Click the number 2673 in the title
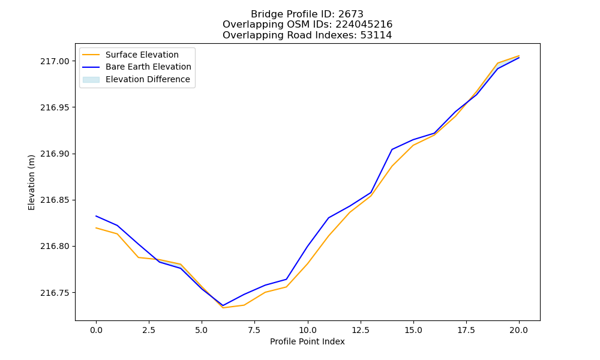pos(350,14)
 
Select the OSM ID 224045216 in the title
pos(364,25)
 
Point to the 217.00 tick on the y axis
pos(55,61)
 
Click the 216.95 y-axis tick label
pos(55,107)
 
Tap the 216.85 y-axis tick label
pos(55,200)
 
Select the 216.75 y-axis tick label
pos(55,293)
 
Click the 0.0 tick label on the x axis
pos(96,330)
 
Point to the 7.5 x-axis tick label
pos(254,330)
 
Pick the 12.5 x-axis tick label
pos(361,330)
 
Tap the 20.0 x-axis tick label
pos(519,330)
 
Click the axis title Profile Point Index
pos(307,341)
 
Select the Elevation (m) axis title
pos(31,182)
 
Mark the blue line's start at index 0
pos(96,216)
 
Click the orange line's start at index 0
pos(96,228)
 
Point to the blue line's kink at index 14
pos(392,149)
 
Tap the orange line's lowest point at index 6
pos(223,308)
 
